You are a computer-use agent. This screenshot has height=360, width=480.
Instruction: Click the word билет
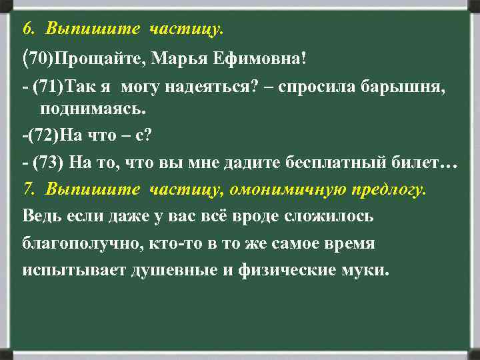click(425, 163)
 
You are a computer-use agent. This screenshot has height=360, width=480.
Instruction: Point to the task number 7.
click(27, 189)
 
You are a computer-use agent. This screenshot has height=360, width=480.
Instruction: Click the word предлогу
click(388, 189)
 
